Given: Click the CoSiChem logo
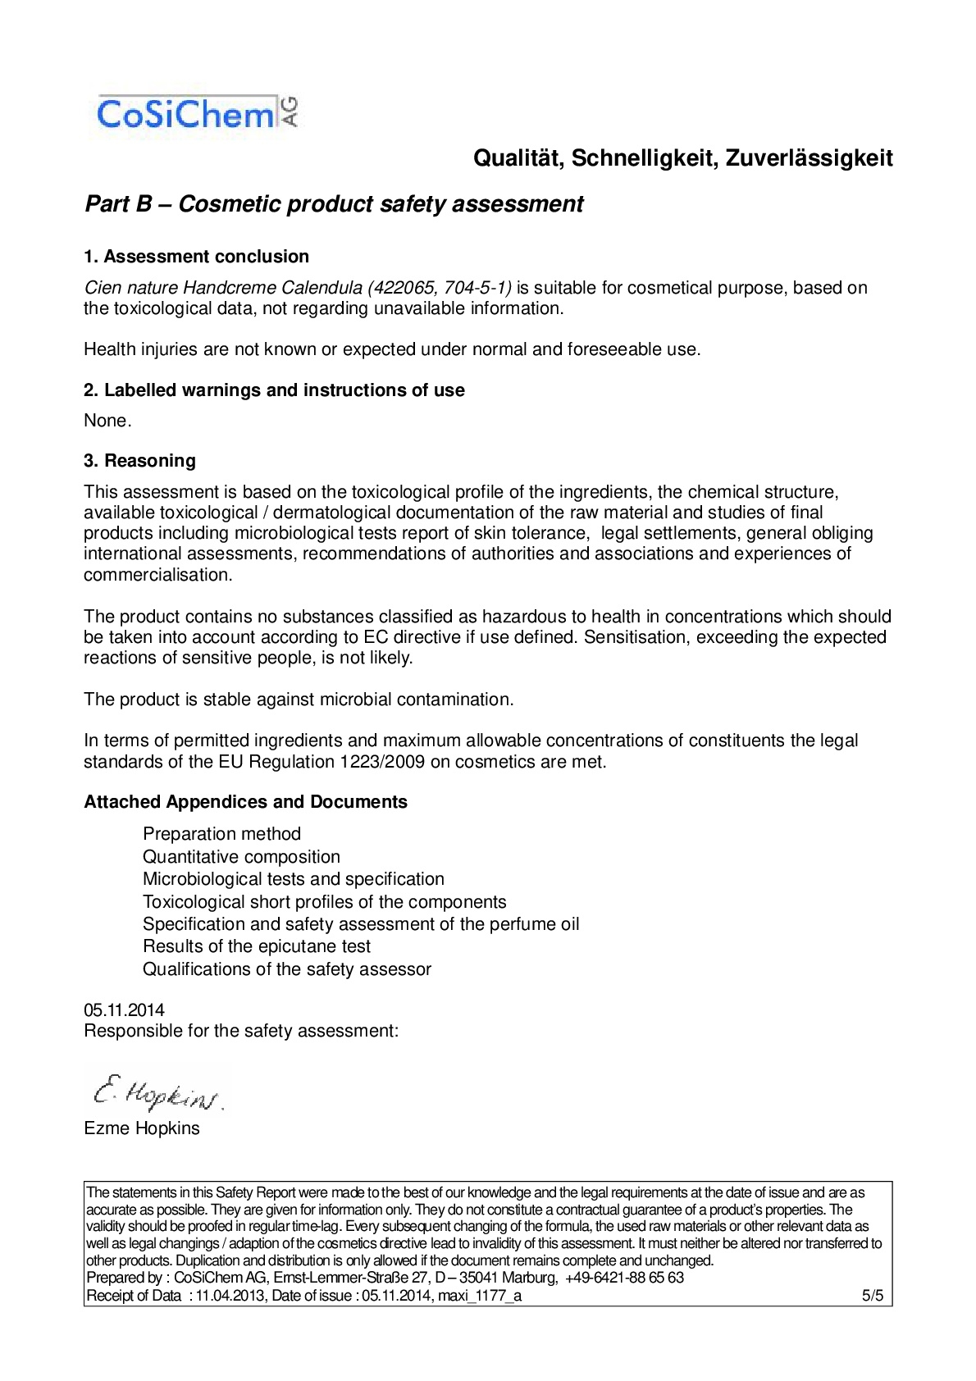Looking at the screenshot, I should [197, 114].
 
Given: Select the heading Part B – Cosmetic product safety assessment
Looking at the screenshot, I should [334, 204].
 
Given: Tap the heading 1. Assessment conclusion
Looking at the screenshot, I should [196, 257].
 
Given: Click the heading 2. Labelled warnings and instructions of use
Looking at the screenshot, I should [274, 390].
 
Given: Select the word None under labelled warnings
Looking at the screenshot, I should [106, 421].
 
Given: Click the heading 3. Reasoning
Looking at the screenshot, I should [139, 461].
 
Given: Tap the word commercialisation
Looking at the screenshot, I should [157, 575].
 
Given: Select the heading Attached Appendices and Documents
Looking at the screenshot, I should [245, 802].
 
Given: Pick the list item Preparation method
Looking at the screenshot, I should [221, 834].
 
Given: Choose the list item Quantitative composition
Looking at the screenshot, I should [241, 857].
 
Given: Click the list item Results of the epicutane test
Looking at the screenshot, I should [256, 946].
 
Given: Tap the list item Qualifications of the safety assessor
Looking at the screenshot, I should [286, 969].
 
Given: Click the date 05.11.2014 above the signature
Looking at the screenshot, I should [124, 1010].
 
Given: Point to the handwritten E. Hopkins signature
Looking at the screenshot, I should [156, 1092].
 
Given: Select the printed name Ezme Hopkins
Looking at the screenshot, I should [142, 1128].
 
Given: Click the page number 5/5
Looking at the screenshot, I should [872, 1296].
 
